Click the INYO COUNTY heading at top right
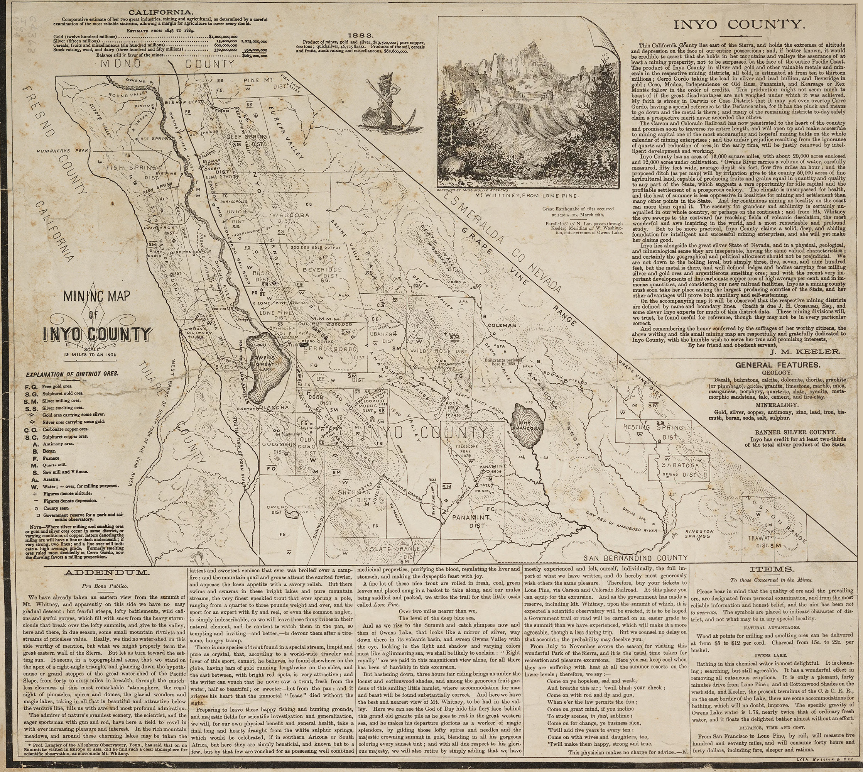coord(739,25)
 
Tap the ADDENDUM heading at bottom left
coord(106,572)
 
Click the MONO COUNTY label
coord(167,64)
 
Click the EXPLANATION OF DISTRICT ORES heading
coord(72,374)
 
